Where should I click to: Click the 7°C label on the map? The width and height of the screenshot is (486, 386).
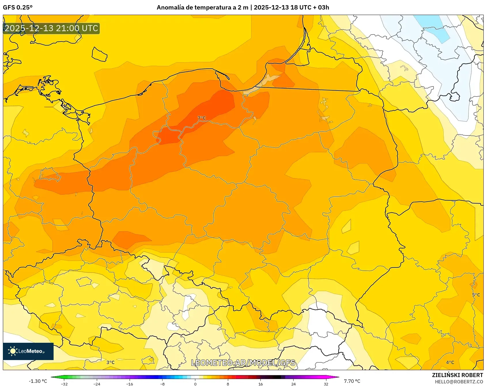(x=202, y=118)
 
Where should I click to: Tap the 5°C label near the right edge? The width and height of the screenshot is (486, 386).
(x=476, y=295)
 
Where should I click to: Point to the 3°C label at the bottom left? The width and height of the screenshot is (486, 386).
(x=110, y=362)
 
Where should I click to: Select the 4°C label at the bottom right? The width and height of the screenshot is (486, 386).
(x=450, y=362)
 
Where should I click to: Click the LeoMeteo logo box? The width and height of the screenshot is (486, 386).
(x=28, y=351)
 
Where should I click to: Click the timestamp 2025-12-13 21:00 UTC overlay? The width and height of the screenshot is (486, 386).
(x=51, y=28)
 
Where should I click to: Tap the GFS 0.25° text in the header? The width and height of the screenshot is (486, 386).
(x=18, y=7)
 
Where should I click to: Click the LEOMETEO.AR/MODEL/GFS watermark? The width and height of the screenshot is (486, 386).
(x=243, y=363)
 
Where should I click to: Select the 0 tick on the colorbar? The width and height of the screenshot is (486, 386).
(x=195, y=384)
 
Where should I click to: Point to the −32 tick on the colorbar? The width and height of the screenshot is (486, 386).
(x=64, y=384)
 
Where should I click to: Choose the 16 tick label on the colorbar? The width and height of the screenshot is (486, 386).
(x=260, y=384)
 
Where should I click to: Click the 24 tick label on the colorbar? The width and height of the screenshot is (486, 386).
(x=293, y=384)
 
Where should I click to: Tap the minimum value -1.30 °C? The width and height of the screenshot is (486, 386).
(x=38, y=381)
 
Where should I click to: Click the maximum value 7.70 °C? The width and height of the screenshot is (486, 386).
(x=352, y=381)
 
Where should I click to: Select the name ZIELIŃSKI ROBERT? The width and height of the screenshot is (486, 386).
(x=457, y=375)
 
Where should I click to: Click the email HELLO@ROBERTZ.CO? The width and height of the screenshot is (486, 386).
(x=459, y=382)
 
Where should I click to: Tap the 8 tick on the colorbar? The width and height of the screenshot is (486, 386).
(x=228, y=384)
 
